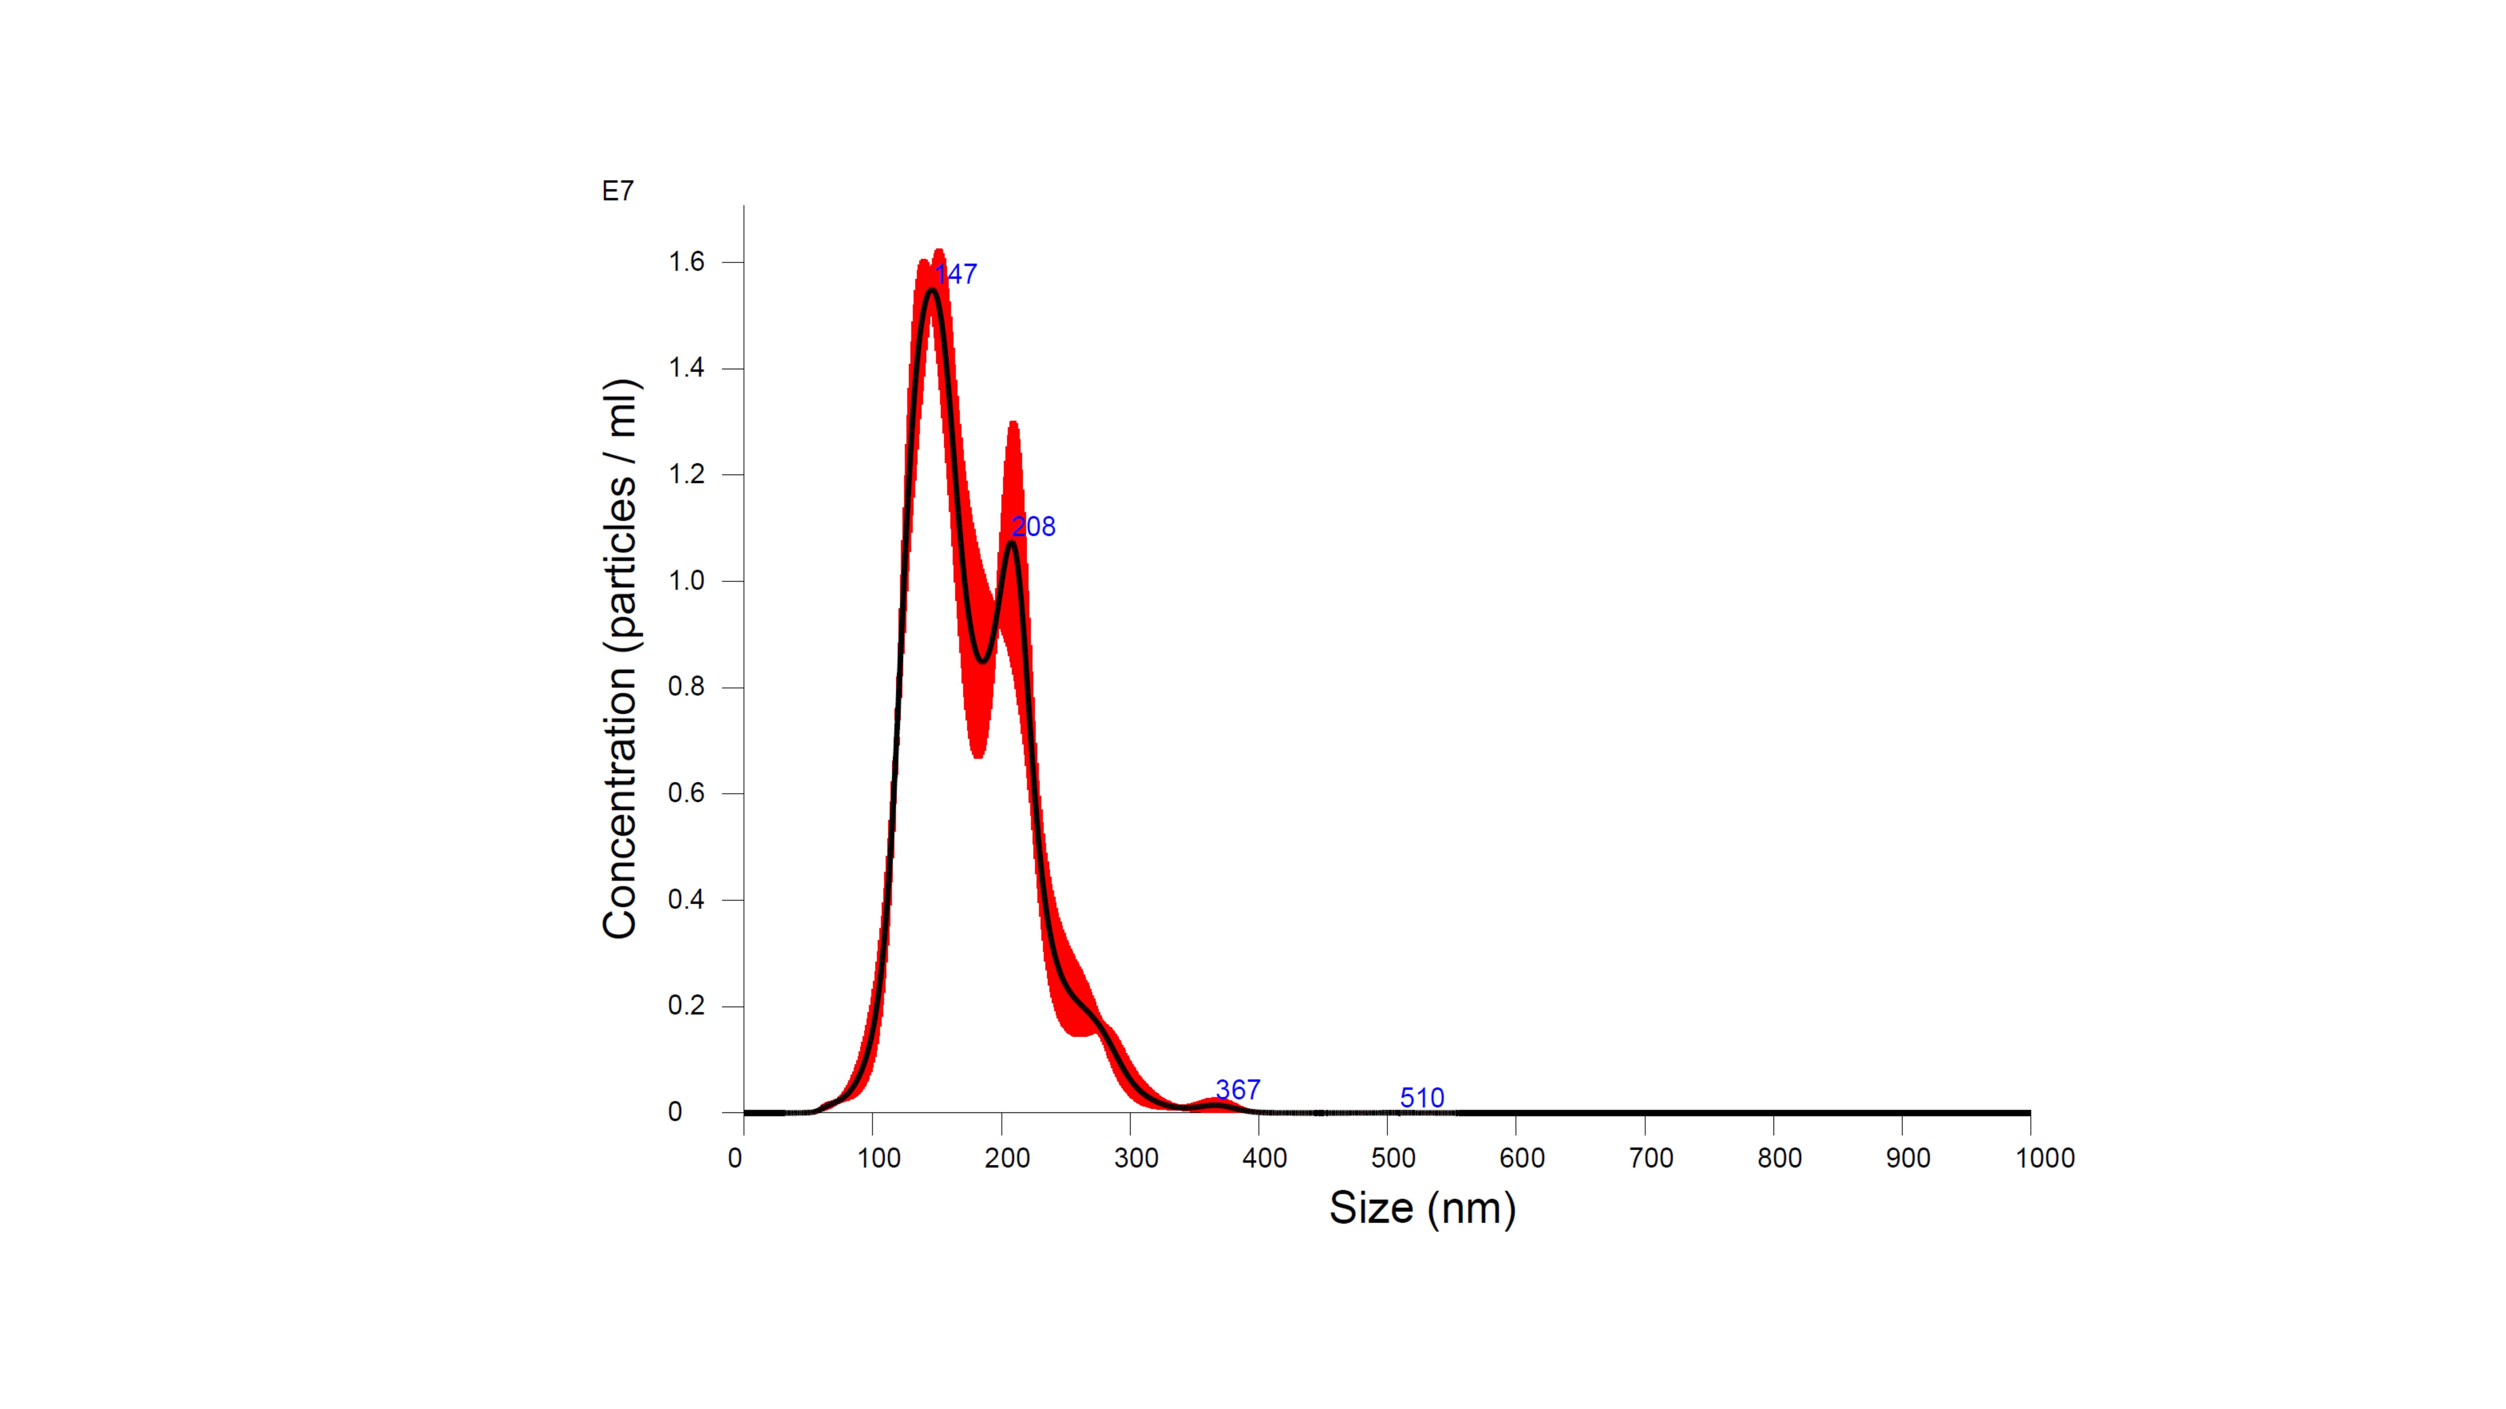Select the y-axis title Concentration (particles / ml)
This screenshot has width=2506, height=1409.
pos(620,659)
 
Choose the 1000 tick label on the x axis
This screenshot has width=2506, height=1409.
pos(2045,1158)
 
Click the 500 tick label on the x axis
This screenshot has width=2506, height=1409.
pos(1393,1158)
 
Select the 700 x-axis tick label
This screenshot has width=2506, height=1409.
pos(1651,1158)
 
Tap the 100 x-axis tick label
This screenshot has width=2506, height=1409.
pos(878,1158)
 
